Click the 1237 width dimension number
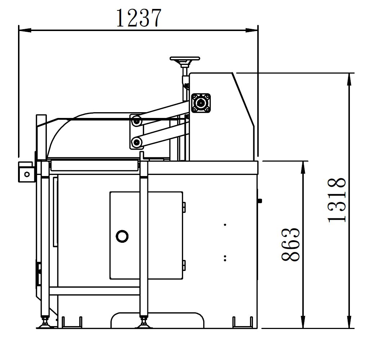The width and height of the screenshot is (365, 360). [138, 18]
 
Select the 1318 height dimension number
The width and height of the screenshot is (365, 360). [337, 200]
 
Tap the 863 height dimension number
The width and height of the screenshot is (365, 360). [290, 245]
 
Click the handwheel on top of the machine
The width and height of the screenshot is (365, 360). [185, 58]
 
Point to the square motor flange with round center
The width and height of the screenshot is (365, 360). [201, 103]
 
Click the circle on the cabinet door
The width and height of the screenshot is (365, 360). [122, 236]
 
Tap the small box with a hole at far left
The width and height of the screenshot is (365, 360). [26, 172]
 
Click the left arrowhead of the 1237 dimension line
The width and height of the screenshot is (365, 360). [25, 30]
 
